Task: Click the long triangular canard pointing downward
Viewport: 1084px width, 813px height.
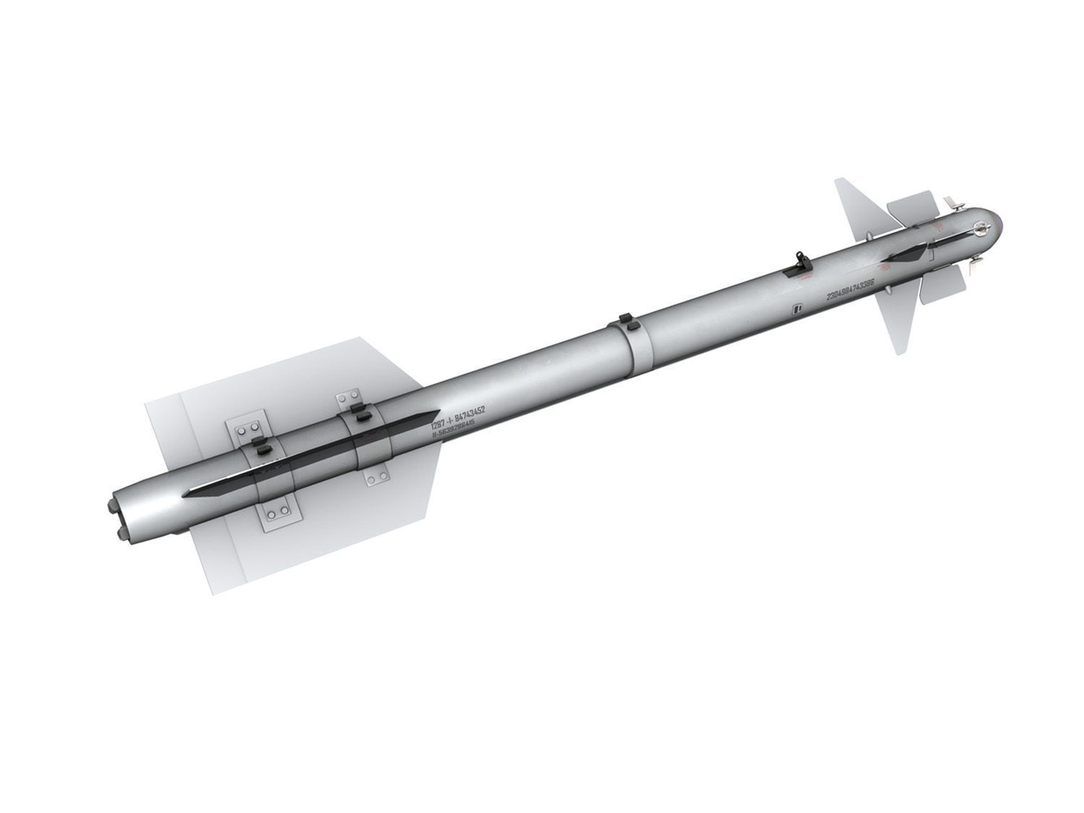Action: coord(897,318)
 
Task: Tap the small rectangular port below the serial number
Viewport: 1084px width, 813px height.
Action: coord(798,309)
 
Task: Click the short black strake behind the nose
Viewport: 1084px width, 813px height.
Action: coord(903,254)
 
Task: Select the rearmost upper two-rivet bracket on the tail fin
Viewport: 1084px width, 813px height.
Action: coord(246,431)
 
